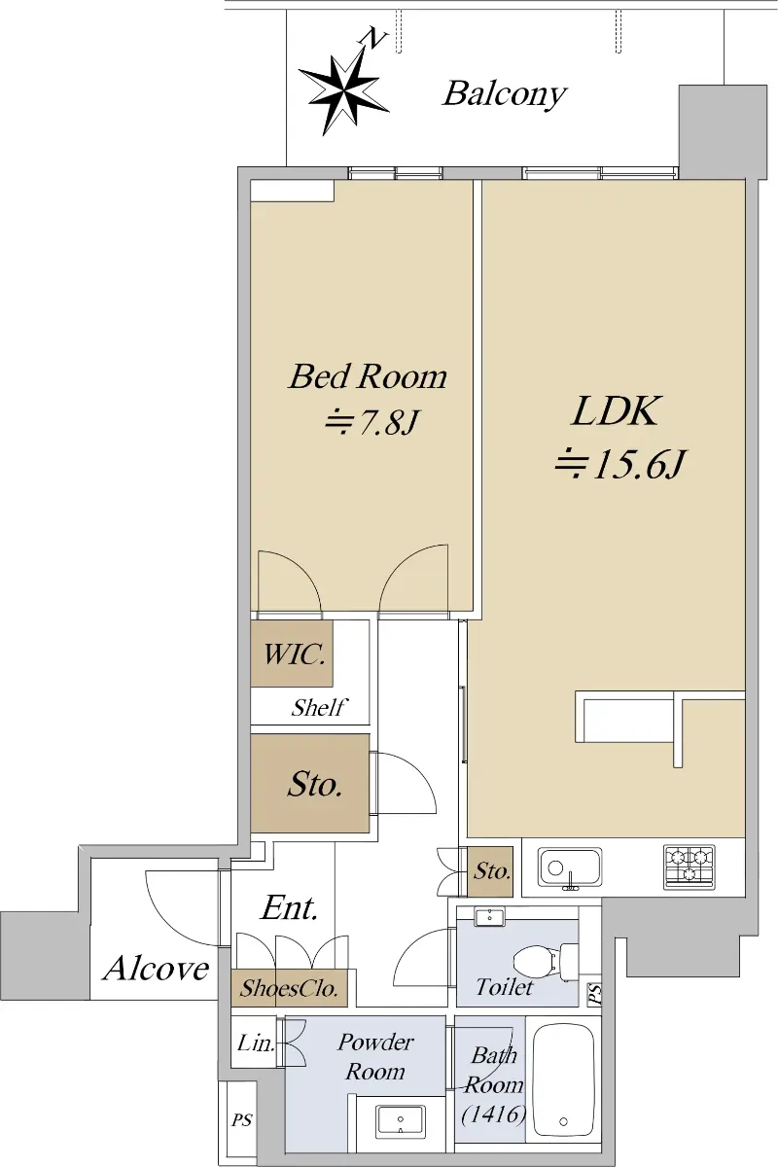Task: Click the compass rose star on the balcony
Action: [x=344, y=88]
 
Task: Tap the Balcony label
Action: [x=505, y=95]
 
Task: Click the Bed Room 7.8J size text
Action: [x=371, y=423]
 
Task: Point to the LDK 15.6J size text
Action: [x=619, y=464]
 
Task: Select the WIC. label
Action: [x=295, y=654]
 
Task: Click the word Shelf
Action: [x=318, y=708]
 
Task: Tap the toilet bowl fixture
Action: [x=545, y=960]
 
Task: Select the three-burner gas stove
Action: [x=689, y=867]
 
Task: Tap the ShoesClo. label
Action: [x=289, y=988]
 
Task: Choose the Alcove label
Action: [x=157, y=969]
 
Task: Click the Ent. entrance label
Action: [x=289, y=908]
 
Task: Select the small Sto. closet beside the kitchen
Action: [x=490, y=871]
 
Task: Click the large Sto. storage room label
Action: [x=315, y=784]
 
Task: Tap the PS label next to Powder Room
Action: [x=242, y=1120]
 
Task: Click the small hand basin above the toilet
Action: [x=489, y=917]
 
